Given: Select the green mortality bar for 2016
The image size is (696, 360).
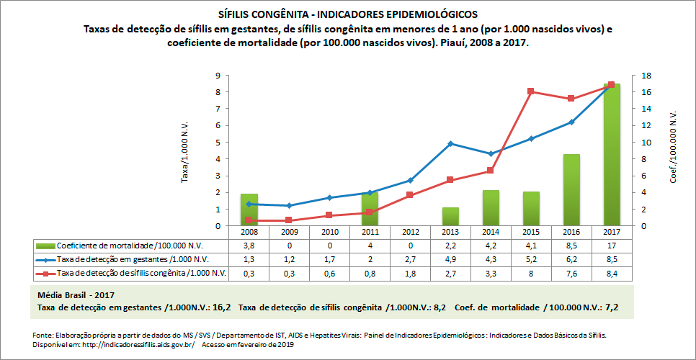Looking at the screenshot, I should pyautogui.click(x=571, y=190).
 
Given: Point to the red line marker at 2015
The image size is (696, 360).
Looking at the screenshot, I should pyautogui.click(x=530, y=91).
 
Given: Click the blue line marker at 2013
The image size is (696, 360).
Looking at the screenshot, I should pyautogui.click(x=450, y=144).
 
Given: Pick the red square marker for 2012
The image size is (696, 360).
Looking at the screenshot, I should pyautogui.click(x=409, y=195).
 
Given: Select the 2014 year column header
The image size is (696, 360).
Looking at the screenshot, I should pyautogui.click(x=490, y=232).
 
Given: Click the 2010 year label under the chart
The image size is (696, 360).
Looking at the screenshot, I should pyautogui.click(x=329, y=232).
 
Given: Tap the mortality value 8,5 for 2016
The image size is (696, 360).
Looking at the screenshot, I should pyautogui.click(x=571, y=245).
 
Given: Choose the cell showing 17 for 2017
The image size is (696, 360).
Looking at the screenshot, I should pyautogui.click(x=611, y=245).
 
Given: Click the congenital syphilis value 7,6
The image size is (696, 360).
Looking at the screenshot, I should pyautogui.click(x=571, y=273).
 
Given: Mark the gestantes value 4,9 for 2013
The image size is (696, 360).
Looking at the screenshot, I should pyautogui.click(x=450, y=258).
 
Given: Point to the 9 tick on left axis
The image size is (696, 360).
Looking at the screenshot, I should pyautogui.click(x=217, y=76).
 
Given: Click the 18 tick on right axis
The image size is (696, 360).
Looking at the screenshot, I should pyautogui.click(x=646, y=76).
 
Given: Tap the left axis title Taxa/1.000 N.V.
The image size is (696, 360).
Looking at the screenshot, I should pyautogui.click(x=185, y=151).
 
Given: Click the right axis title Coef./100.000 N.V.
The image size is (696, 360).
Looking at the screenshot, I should pyautogui.click(x=673, y=148).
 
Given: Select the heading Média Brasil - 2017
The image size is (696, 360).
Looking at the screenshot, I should pyautogui.click(x=75, y=295).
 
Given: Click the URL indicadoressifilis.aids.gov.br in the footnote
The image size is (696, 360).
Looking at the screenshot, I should pyautogui.click(x=128, y=344).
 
